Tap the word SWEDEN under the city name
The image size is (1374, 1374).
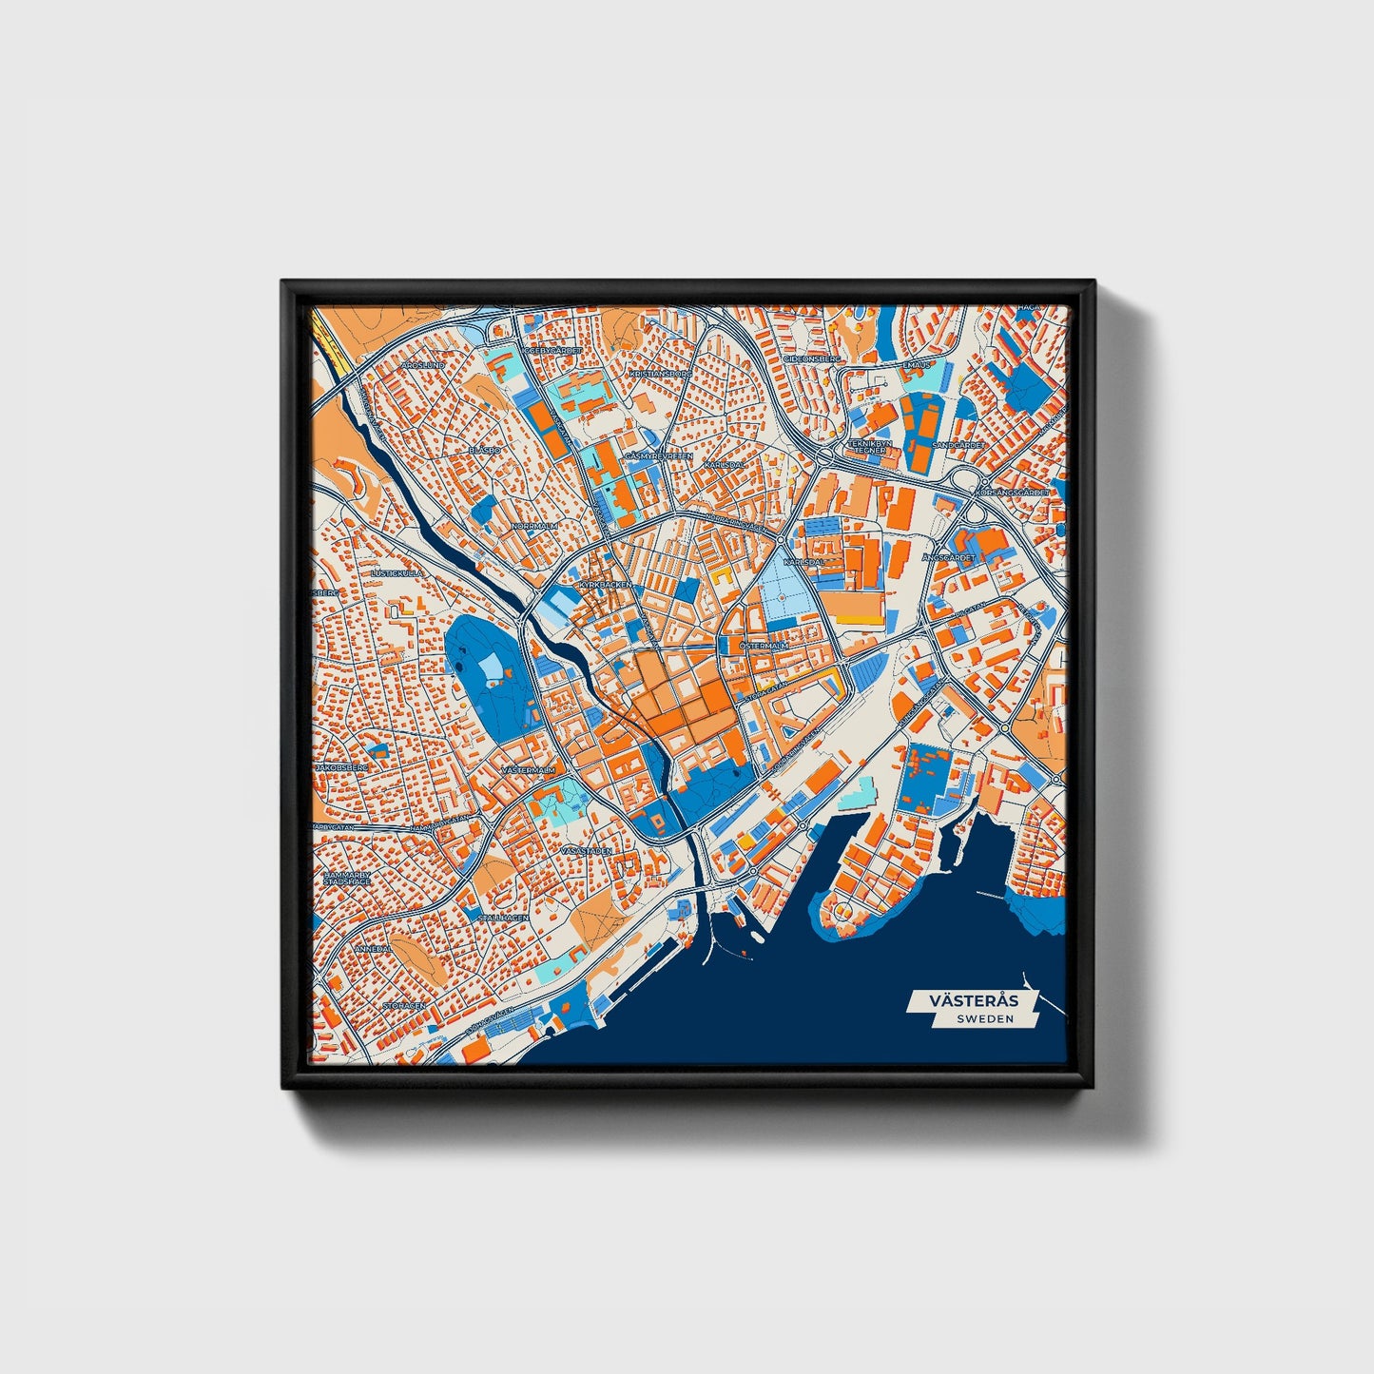point(985,1018)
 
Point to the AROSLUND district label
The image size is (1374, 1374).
point(423,365)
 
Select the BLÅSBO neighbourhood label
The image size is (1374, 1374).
point(485,450)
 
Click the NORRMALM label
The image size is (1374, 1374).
point(533,526)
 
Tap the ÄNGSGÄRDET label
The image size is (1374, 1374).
point(949,557)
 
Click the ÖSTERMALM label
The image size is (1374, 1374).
point(764,646)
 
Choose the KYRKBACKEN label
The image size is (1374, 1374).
point(605,585)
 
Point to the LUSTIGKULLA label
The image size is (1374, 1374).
point(397,574)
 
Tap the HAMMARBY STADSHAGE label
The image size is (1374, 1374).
point(347,878)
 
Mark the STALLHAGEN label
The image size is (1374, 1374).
point(503,918)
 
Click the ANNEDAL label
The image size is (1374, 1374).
point(373,949)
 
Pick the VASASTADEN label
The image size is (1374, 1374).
point(587,851)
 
